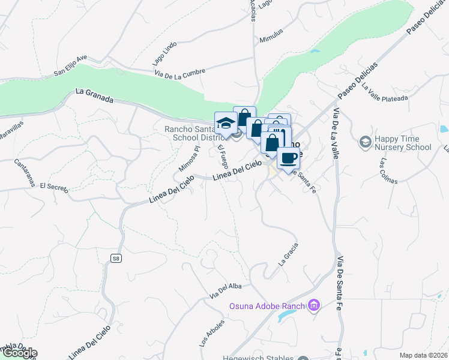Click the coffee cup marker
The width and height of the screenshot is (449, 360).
tap(289, 158)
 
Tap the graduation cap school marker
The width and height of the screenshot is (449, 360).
tap(226, 123)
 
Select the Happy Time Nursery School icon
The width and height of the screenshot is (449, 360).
tap(364, 142)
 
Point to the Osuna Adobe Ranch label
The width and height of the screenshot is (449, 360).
tap(267, 307)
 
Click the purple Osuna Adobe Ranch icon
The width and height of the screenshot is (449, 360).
tap(313, 306)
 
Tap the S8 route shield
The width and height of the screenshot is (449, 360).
tap(116, 258)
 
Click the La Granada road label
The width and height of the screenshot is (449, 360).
tap(95, 95)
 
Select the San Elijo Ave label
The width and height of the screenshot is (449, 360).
tap(70, 65)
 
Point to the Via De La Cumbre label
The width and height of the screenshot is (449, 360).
tap(179, 71)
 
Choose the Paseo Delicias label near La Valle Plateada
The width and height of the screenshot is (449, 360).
tap(357, 81)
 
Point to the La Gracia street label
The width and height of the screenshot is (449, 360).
tap(288, 254)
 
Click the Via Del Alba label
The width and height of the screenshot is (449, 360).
tap(226, 290)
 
